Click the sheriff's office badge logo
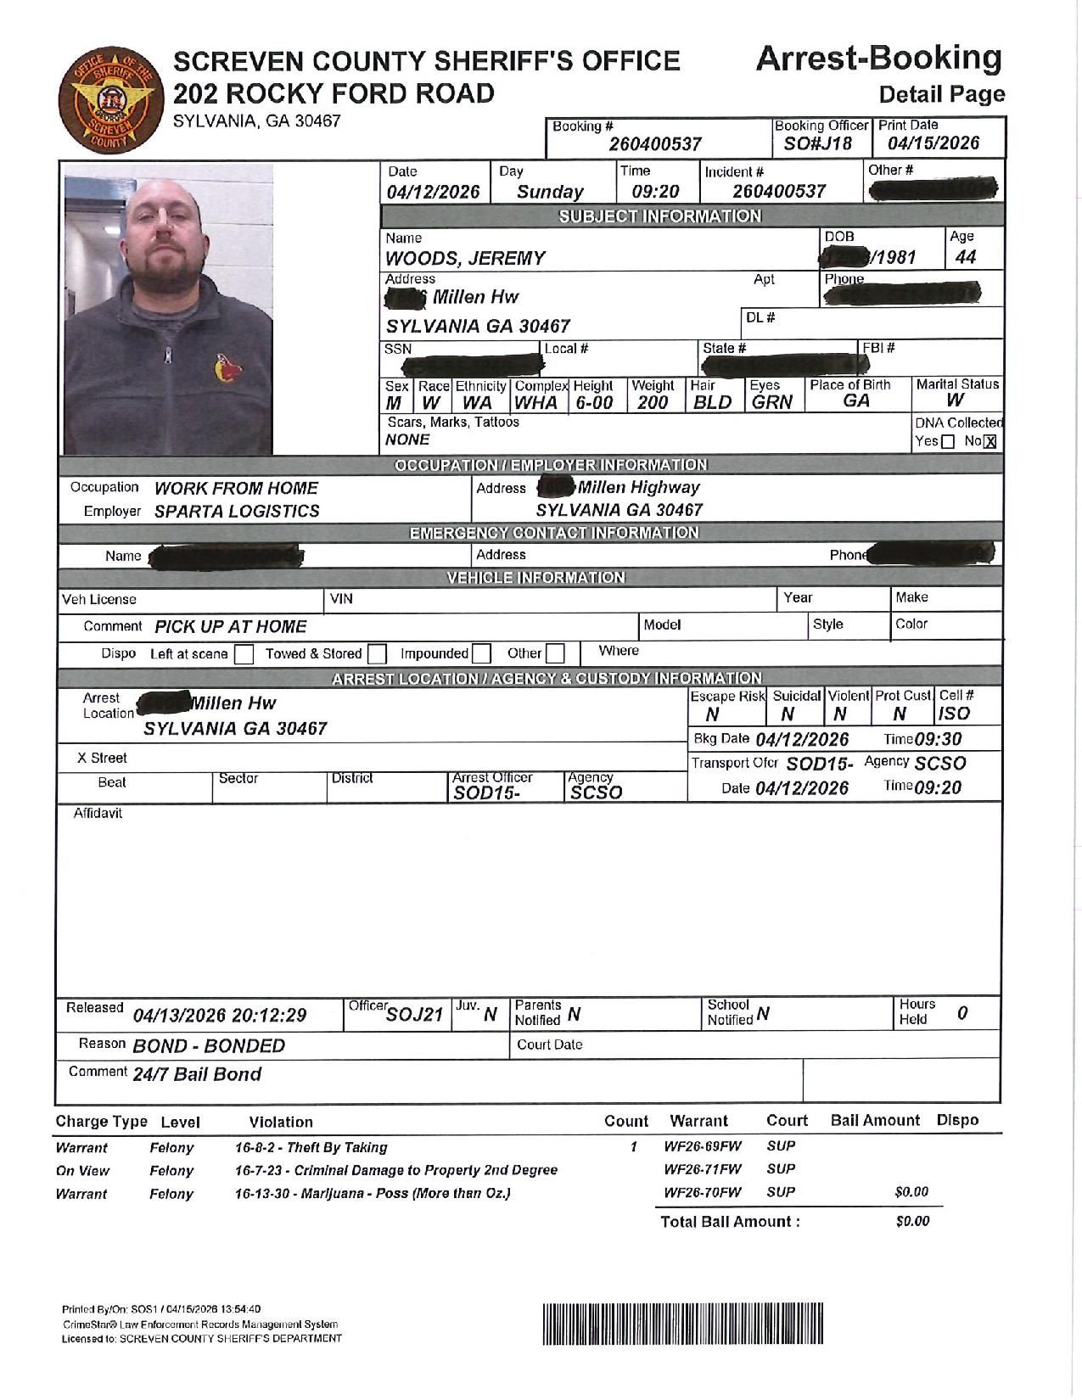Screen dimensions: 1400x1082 pos(106,100)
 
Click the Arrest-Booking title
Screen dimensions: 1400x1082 pos(878,59)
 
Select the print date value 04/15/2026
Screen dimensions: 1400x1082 pos(933,143)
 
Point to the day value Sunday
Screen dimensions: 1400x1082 pos(550,192)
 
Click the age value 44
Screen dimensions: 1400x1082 pos(966,257)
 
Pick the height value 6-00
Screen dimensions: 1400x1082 pos(594,402)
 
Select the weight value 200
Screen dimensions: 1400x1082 pos(652,402)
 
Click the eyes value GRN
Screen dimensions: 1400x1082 pos(771,402)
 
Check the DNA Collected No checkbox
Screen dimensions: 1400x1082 pos(990,441)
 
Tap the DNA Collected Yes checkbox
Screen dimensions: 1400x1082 pos(948,441)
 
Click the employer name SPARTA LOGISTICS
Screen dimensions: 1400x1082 pos(237,511)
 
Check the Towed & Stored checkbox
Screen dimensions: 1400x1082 pos(378,654)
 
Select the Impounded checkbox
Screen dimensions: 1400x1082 pos(481,654)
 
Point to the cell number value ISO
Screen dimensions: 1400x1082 pos(954,714)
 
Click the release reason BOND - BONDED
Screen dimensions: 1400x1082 pos(209,1045)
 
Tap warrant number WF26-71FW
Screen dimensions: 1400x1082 pos(703,1169)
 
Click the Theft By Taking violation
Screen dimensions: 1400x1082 pos(311,1147)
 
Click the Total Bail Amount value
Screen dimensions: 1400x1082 pos(912,1221)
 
